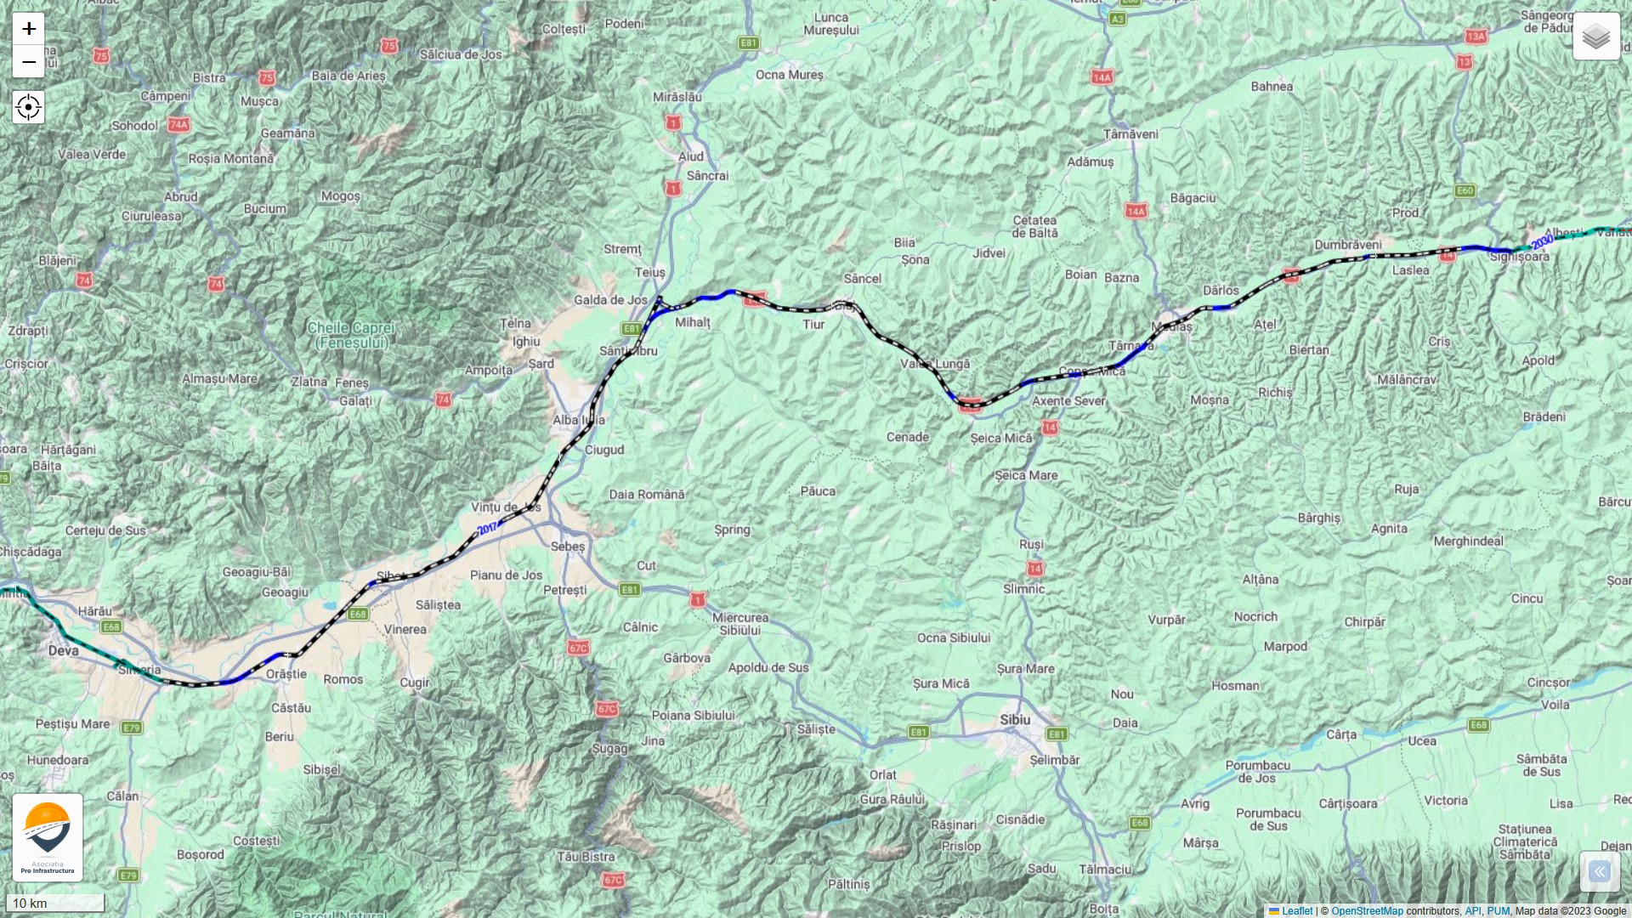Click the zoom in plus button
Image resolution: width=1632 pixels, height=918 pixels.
click(x=28, y=29)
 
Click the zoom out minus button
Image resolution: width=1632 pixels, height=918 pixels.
click(x=28, y=62)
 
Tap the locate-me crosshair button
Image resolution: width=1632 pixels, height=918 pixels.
click(x=28, y=108)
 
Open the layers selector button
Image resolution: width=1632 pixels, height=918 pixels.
click(x=1595, y=37)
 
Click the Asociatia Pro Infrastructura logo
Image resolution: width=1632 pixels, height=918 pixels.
click(x=48, y=836)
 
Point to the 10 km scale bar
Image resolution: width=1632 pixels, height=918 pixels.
click(x=54, y=903)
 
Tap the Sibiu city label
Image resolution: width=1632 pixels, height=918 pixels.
click(x=1015, y=720)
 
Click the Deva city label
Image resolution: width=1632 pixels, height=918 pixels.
click(x=64, y=650)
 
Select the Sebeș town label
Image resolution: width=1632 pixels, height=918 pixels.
click(x=568, y=547)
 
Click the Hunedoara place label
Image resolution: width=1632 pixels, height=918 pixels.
click(x=58, y=760)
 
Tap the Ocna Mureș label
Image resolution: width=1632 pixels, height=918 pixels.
click(x=790, y=75)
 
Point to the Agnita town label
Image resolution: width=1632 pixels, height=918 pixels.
click(x=1389, y=529)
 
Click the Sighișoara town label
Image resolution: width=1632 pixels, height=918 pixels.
click(x=1519, y=257)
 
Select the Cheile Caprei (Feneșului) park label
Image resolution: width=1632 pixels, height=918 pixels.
click(x=351, y=335)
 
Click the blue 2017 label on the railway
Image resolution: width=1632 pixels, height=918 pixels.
click(x=487, y=529)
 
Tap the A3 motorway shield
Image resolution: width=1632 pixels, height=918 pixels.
click(x=1117, y=19)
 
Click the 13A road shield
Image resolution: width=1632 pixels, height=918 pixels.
click(x=1476, y=36)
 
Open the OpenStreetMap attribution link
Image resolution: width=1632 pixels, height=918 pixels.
click(x=1367, y=911)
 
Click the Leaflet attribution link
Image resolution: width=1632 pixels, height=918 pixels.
click(x=1296, y=911)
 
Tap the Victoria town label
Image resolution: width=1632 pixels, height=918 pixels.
click(x=1446, y=801)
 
